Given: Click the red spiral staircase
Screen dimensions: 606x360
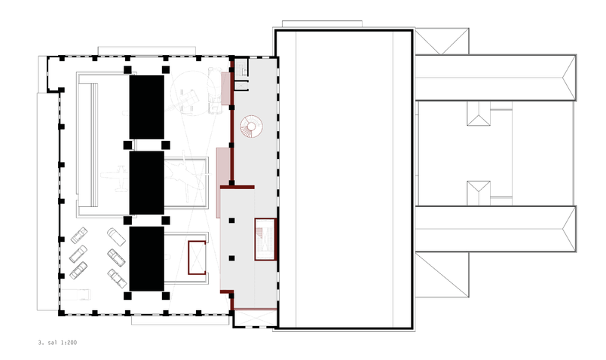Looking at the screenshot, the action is (251, 127).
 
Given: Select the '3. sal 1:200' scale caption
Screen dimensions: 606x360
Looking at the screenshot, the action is (57, 342).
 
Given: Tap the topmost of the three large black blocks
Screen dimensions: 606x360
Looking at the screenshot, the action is (146, 107).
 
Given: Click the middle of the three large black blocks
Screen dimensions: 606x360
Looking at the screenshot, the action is (146, 183).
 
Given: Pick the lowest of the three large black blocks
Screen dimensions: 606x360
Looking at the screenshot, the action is (146, 258).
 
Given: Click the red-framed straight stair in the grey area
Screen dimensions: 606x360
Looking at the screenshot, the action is (265, 239).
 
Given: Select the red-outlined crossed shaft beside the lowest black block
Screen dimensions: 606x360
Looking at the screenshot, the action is (197, 258).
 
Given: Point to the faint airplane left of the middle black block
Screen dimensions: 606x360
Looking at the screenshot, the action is (115, 178).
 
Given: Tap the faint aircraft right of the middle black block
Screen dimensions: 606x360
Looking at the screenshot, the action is (187, 176).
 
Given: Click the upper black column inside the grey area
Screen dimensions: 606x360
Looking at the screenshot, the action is (231, 221).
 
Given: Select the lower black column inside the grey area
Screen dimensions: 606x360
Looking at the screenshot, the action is (231, 258).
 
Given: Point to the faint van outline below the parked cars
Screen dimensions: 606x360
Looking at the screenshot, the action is (76, 294).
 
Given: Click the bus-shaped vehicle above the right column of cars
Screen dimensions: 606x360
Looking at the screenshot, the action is (116, 236).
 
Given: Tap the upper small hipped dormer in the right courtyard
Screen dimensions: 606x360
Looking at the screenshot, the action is (479, 114).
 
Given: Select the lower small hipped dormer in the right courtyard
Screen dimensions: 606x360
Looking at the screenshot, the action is (479, 193).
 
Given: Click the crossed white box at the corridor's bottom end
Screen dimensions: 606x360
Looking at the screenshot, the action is (256, 319).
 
